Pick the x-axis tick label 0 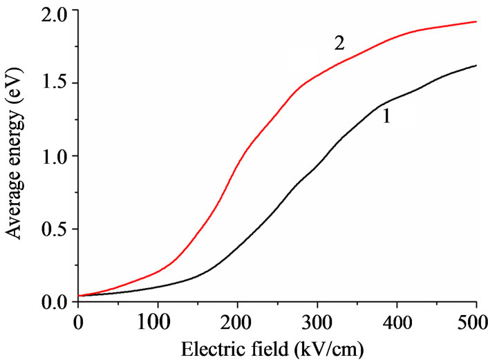78,322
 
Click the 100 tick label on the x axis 158,322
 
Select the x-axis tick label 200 237,322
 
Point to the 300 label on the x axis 317,322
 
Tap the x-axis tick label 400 397,322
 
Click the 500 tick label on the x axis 476,322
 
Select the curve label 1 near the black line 387,117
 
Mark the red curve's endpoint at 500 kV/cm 476,21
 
